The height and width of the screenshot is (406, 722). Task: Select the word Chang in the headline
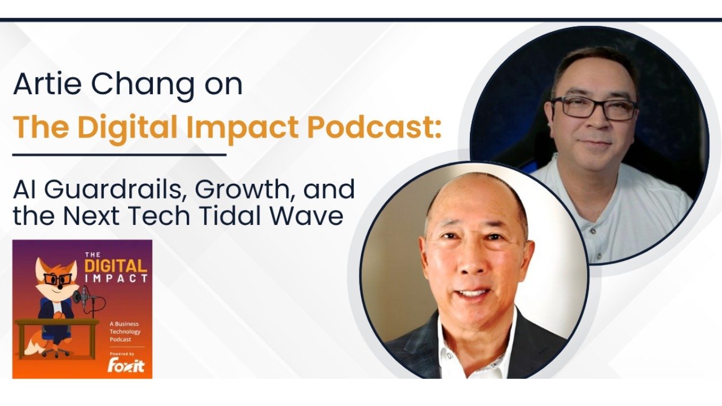tap(142, 85)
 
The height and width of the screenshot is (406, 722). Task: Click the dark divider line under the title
tap(119, 154)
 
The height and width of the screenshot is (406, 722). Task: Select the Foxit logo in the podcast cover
tap(126, 365)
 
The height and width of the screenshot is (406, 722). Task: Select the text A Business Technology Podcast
tap(125, 332)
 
